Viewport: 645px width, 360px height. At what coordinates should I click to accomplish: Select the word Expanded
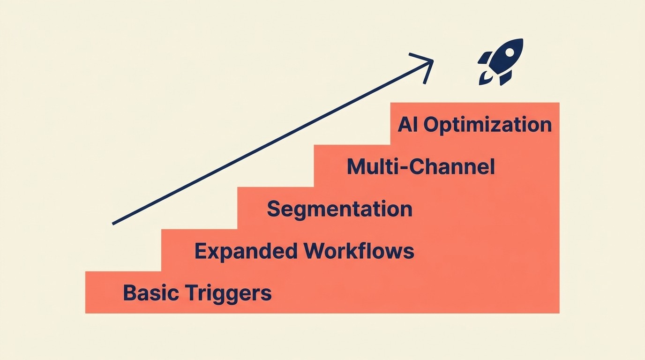click(x=246, y=252)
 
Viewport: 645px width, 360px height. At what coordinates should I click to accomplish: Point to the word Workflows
click(x=359, y=252)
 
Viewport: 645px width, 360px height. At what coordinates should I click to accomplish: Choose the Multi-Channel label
click(x=420, y=167)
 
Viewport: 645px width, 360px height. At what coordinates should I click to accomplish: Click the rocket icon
click(x=501, y=62)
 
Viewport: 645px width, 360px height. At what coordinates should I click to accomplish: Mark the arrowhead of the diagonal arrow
click(x=430, y=61)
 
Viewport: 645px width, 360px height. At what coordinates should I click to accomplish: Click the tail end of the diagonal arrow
click(x=114, y=224)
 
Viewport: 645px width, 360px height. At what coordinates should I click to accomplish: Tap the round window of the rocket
click(x=506, y=56)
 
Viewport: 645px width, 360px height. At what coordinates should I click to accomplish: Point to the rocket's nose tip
click(x=521, y=41)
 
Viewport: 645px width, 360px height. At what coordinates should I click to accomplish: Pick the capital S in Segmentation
click(x=274, y=209)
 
